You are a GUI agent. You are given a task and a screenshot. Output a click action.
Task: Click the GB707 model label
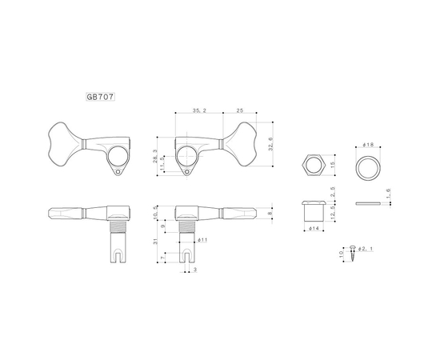click(x=101, y=96)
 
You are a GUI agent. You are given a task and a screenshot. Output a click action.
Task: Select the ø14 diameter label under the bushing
click(x=314, y=228)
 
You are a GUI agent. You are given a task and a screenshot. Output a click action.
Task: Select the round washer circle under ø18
click(x=368, y=166)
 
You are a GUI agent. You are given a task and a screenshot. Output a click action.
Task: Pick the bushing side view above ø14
click(x=313, y=211)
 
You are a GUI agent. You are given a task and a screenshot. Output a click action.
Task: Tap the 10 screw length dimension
click(x=341, y=255)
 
